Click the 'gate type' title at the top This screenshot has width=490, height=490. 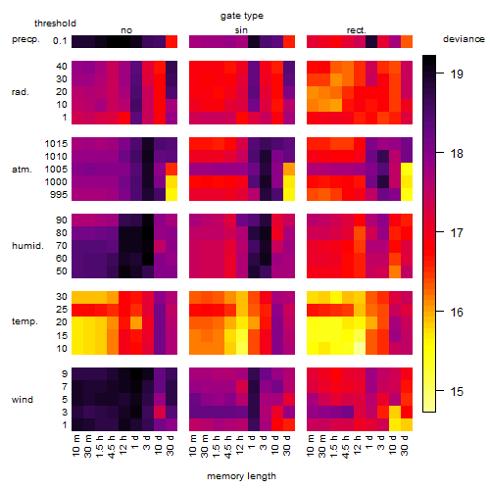(242, 16)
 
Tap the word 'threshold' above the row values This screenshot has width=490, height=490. (55, 24)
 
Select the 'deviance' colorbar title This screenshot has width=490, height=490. (464, 39)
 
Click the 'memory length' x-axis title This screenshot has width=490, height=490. (242, 476)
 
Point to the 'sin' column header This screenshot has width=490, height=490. (241, 30)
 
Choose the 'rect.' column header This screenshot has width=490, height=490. (357, 30)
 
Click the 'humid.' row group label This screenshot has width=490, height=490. (27, 246)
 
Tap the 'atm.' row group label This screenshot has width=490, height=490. (22, 170)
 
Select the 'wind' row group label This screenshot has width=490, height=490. (23, 400)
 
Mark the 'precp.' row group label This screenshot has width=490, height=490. (25, 39)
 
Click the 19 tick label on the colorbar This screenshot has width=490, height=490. (457, 74)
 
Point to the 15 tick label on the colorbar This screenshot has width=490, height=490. (457, 391)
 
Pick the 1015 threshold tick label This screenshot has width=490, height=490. (56, 144)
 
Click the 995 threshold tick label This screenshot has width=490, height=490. (59, 195)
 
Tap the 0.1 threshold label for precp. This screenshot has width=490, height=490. (60, 41)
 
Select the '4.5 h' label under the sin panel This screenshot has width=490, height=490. (228, 447)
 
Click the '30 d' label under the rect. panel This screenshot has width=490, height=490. (405, 445)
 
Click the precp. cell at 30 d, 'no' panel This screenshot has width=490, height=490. (171, 41)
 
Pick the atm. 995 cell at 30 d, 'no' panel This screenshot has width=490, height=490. (171, 194)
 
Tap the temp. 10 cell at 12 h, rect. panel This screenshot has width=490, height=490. (360, 348)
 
